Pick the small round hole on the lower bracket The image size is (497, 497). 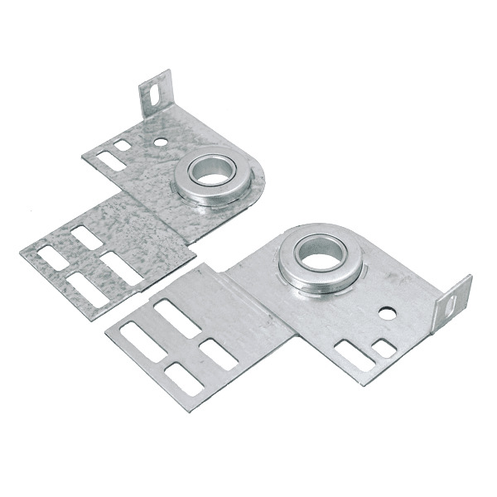[387, 314]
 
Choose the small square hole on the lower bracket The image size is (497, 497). [384, 348]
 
